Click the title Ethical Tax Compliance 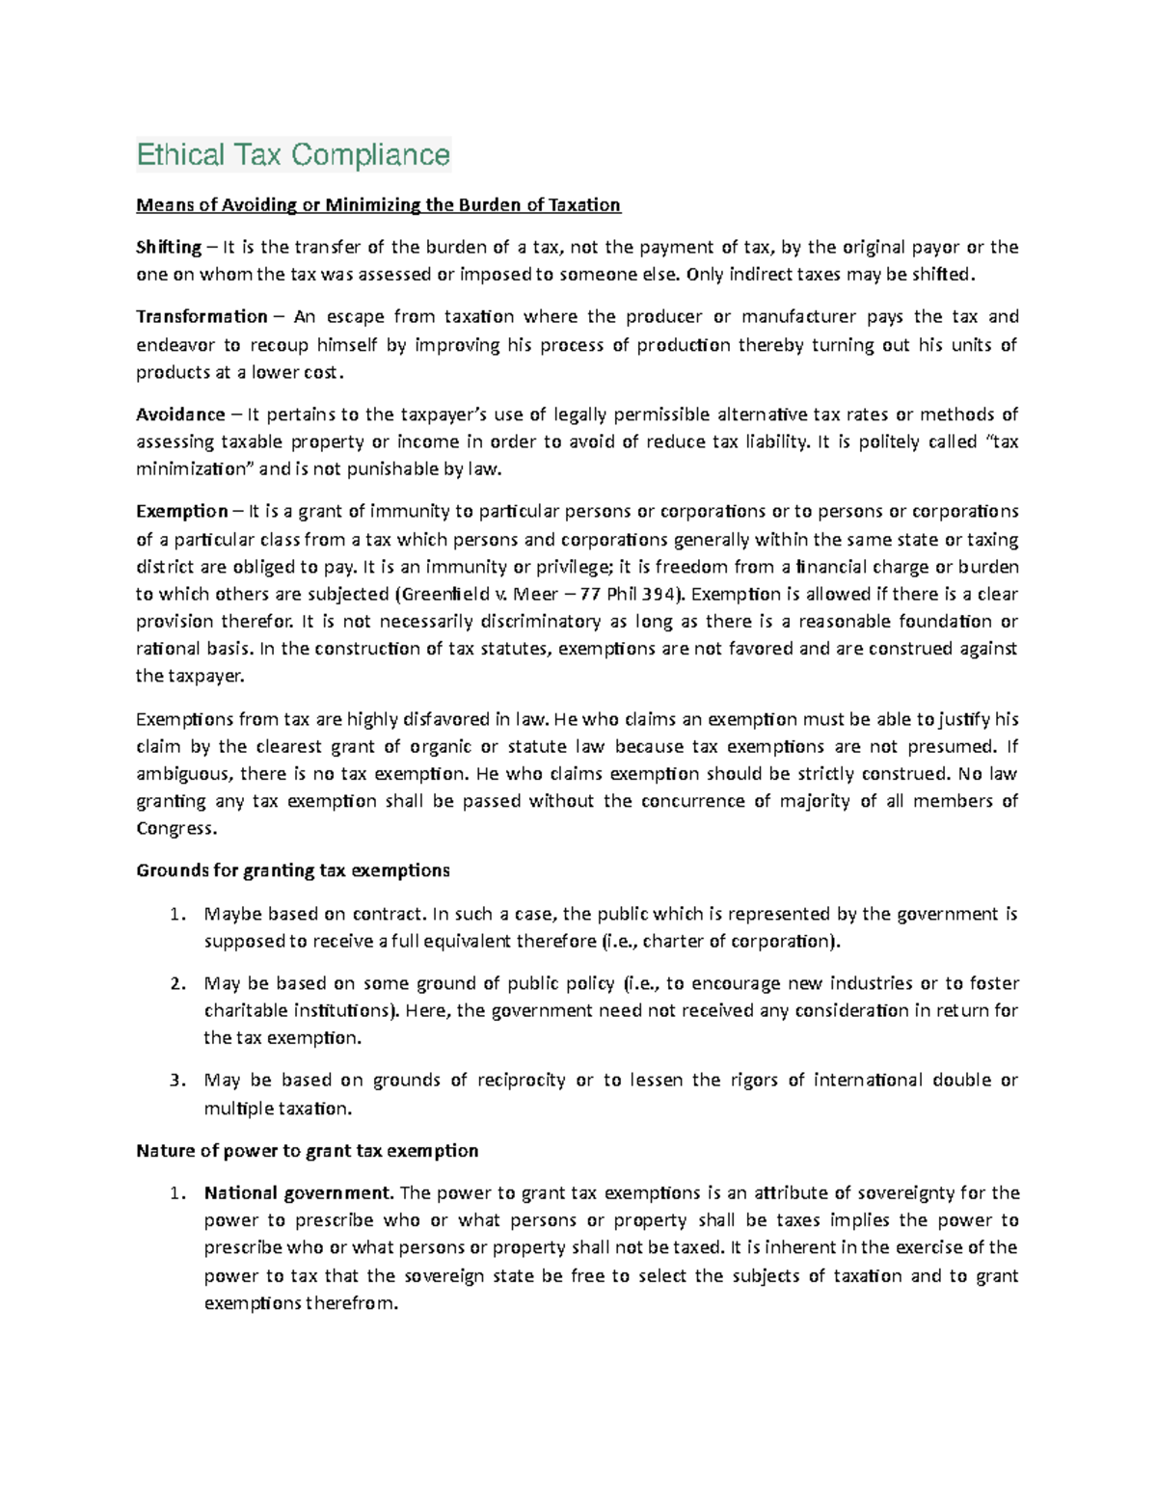pos(293,154)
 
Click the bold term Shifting pos(169,247)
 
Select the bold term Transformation pos(202,316)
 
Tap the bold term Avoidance pos(180,414)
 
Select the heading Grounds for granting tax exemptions pos(293,870)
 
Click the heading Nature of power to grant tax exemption pos(307,1150)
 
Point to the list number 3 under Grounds pos(175,1080)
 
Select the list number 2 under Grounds pos(175,983)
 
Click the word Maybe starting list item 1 pos(232,913)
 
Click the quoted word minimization pos(192,469)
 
